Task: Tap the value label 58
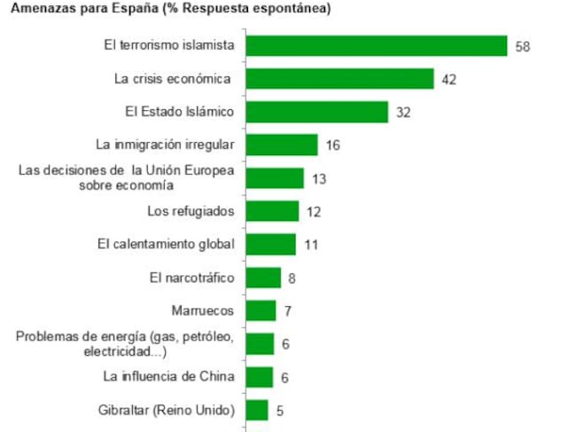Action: pos(522,46)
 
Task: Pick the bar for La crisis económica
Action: pos(339,79)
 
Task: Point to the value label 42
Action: pos(448,80)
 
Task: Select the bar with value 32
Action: pos(315,112)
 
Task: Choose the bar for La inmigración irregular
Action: pos(280,145)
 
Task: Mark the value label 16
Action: pos(333,145)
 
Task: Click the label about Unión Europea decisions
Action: pos(127,177)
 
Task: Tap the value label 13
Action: pos(319,178)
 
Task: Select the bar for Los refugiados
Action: pos(271,211)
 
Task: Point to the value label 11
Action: pos(311,245)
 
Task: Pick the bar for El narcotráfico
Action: pos(262,278)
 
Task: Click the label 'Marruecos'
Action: pos(202,310)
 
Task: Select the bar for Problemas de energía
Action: pos(259,343)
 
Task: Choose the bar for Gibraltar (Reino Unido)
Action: pos(256,410)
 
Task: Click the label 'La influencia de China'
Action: pos(168,376)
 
